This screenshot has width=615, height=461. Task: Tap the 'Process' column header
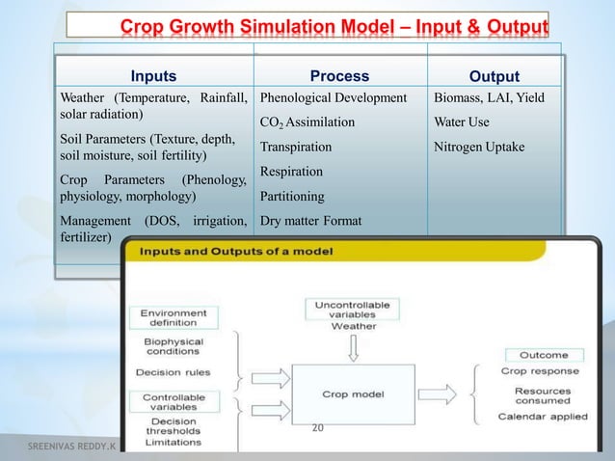point(338,76)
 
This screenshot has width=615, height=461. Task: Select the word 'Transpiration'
point(296,147)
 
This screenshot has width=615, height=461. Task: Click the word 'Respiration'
point(291,172)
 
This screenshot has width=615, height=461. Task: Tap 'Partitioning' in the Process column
point(291,196)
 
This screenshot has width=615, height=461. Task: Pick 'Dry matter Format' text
point(310,221)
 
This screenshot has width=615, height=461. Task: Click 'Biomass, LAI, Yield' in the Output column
point(489,97)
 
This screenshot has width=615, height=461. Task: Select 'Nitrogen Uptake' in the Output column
point(479,147)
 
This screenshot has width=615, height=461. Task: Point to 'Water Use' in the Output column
point(462,122)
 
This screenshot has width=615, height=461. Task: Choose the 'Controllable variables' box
point(174,402)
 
